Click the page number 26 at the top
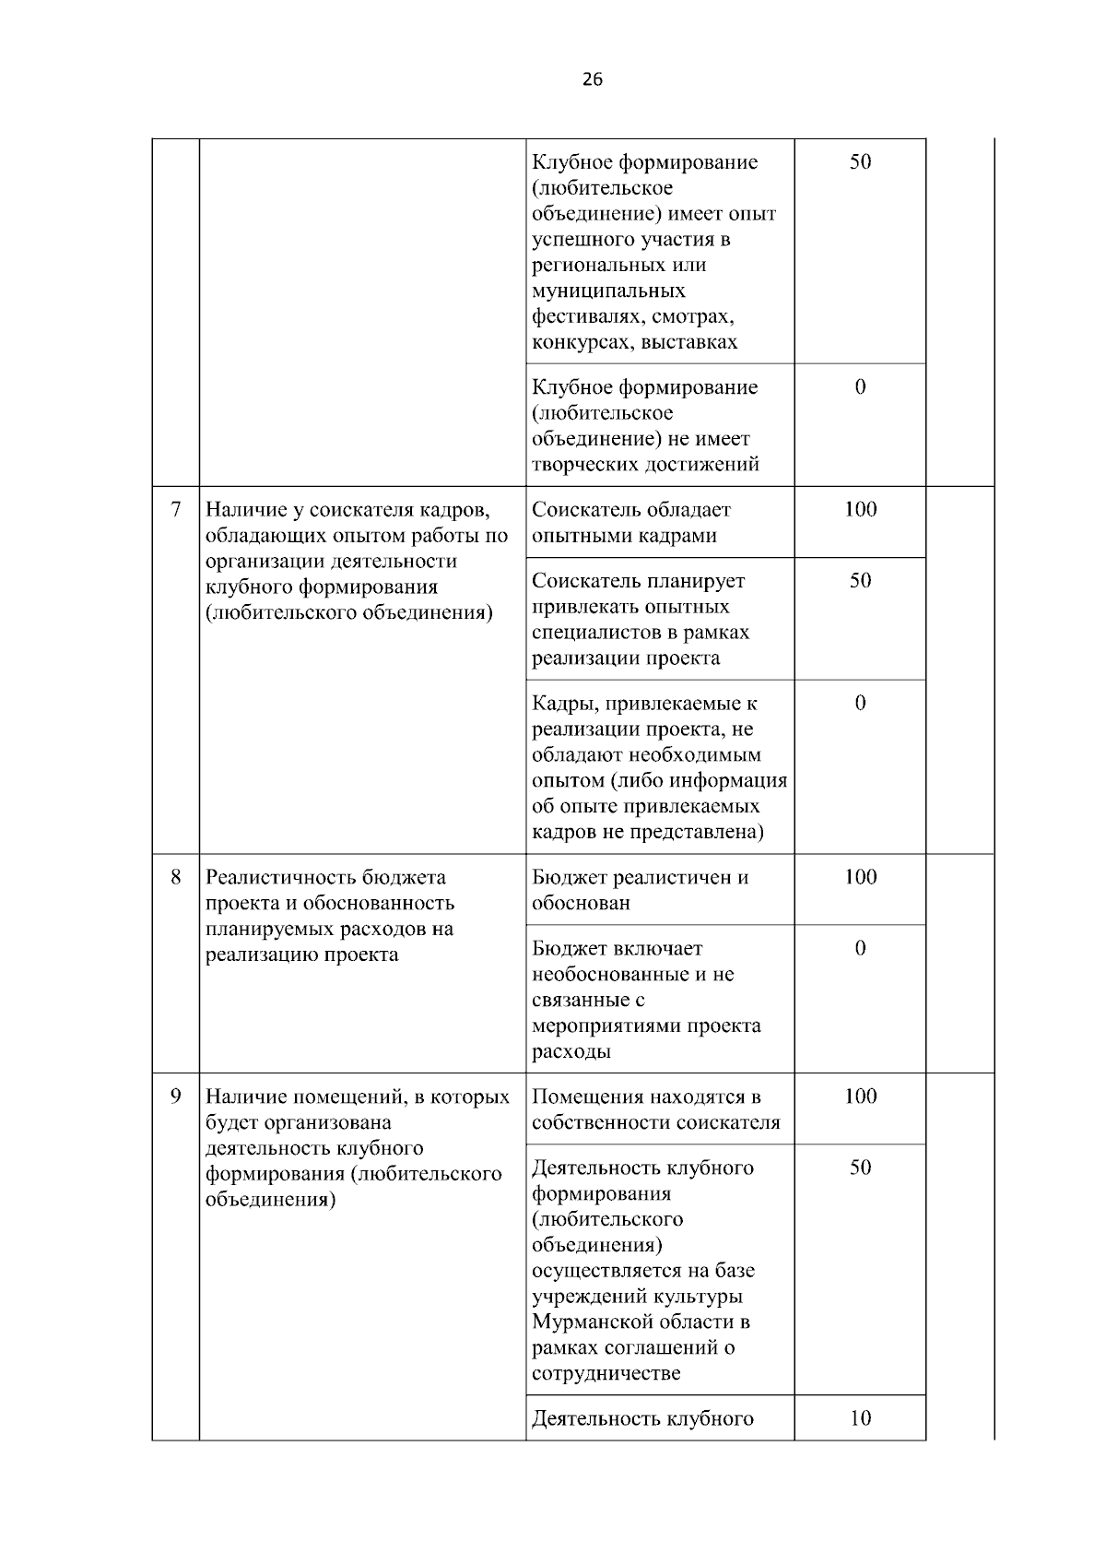click(593, 80)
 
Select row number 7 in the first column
click(175, 509)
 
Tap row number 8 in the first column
click(175, 876)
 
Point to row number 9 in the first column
click(175, 1096)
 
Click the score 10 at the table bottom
click(860, 1417)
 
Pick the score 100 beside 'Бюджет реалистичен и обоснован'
click(860, 876)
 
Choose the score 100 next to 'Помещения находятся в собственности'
click(860, 1096)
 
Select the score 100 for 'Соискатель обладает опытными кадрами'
click(860, 509)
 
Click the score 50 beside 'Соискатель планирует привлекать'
click(860, 580)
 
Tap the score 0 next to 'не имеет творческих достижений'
click(860, 386)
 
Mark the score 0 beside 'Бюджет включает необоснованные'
click(860, 948)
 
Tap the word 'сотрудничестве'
click(606, 1373)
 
